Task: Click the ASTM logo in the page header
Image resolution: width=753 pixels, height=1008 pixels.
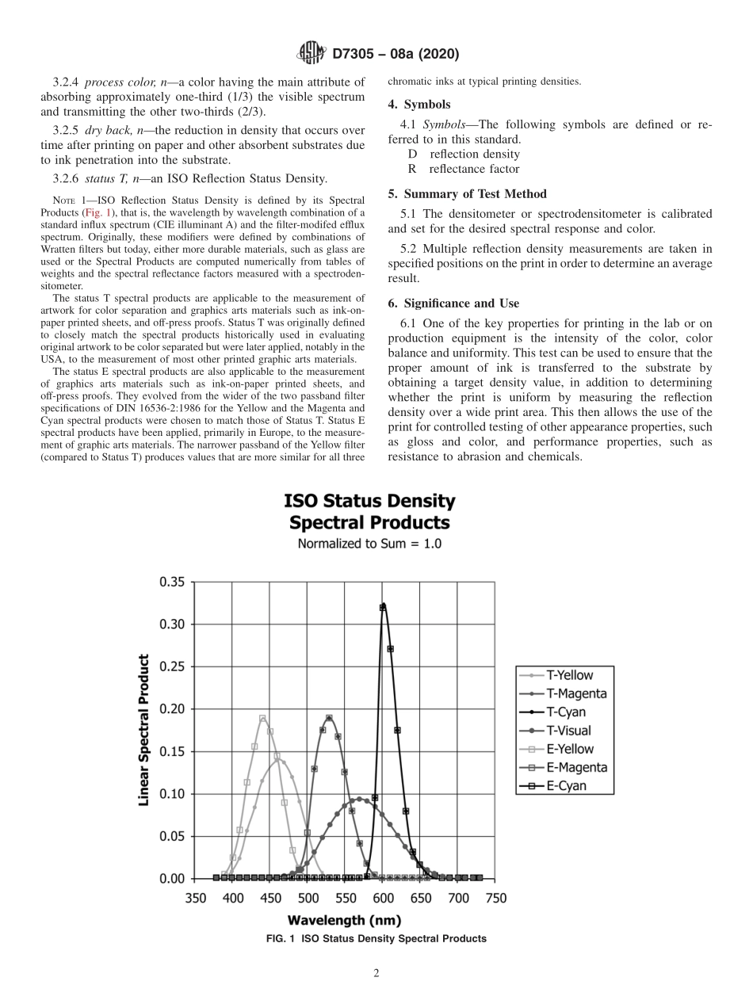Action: [310, 54]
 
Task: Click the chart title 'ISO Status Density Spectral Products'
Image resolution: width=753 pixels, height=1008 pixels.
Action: [369, 512]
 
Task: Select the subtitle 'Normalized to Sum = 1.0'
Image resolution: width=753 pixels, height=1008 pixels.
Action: [369, 544]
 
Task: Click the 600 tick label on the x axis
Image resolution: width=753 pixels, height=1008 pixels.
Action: [383, 898]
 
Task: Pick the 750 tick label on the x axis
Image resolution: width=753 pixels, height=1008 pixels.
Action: [495, 898]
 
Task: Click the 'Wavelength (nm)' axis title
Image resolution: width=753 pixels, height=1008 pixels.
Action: [344, 920]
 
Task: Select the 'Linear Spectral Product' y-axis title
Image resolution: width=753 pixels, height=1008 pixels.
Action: [144, 730]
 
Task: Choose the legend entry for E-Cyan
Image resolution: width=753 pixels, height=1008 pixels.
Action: [560, 786]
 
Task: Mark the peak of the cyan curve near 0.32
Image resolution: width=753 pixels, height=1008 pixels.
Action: [383, 607]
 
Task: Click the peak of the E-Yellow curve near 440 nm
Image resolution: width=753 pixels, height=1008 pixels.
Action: [262, 718]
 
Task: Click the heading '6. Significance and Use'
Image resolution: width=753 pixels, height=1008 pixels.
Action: [453, 304]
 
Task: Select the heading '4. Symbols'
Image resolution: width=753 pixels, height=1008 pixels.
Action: [419, 105]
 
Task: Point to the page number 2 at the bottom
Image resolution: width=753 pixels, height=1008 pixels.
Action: [376, 974]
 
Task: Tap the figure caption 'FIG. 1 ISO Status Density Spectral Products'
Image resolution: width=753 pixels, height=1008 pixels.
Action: [376, 939]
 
